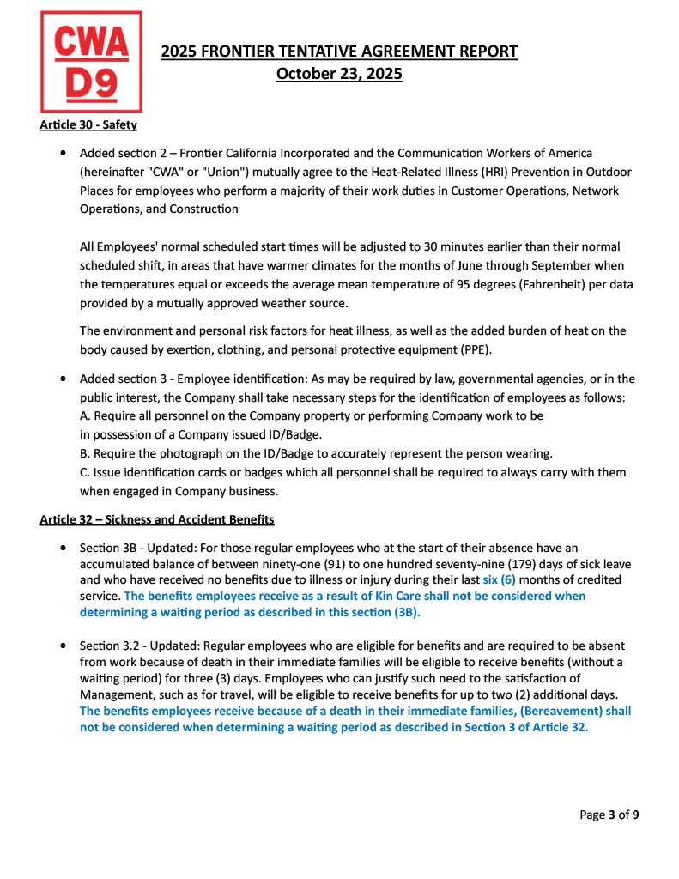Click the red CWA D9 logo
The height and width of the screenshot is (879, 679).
tap(92, 62)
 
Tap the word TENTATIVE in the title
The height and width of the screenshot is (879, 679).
tap(309, 52)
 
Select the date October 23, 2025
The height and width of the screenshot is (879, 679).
tap(339, 74)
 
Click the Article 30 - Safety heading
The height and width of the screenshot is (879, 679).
tap(88, 125)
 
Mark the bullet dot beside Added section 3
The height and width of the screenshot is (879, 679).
tap(64, 379)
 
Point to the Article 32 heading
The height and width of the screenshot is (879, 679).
tap(157, 519)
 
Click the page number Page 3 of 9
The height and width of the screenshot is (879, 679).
tap(609, 815)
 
